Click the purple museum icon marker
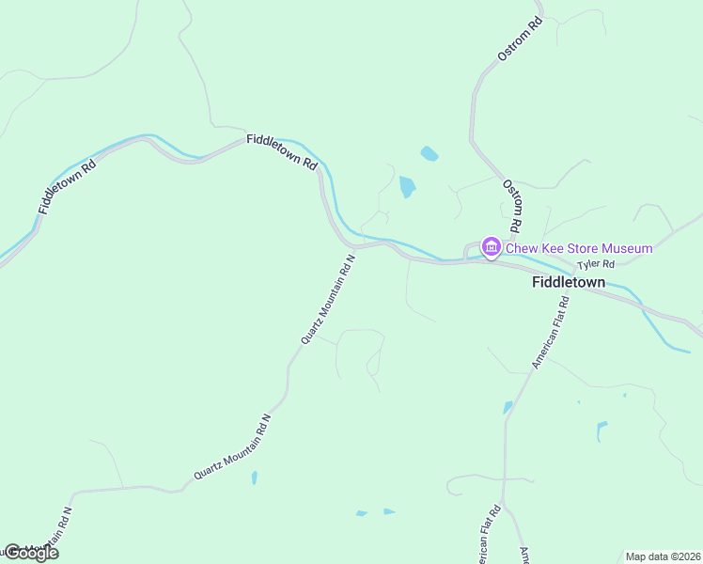click(490, 247)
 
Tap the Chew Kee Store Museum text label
click(579, 248)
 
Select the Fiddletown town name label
click(569, 281)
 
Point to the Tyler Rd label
click(595, 265)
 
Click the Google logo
click(30, 553)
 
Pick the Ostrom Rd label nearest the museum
click(512, 207)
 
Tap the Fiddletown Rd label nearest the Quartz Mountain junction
click(282, 150)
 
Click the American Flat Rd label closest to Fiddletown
click(551, 332)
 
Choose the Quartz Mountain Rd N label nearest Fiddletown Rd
click(328, 298)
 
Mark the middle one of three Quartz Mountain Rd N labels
click(233, 447)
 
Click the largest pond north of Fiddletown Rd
click(407, 186)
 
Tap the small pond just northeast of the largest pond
click(429, 153)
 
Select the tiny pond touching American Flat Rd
click(508, 407)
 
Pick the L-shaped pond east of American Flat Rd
click(601, 430)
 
